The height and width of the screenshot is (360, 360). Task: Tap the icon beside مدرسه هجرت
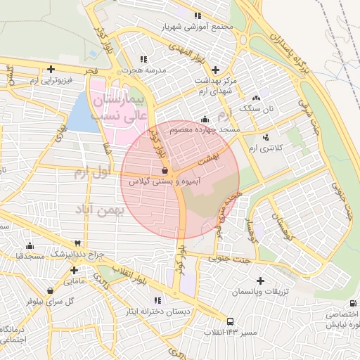pos(144,59)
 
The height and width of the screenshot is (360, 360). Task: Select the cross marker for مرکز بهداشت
pos(215,70)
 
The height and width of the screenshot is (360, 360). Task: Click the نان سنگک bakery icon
pos(255,98)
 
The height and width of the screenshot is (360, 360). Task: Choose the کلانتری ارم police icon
pos(265,137)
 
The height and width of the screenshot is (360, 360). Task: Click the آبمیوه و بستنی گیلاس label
pos(163,181)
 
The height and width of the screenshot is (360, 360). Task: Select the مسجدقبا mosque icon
pos(30,246)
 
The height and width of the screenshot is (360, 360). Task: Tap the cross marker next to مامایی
pos(74,269)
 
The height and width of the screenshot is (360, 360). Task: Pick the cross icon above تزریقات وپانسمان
pos(262,281)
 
